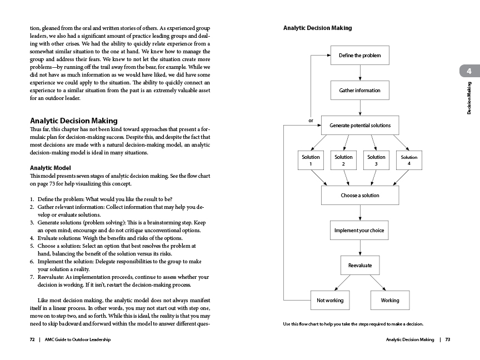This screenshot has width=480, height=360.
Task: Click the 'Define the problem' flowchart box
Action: coord(360,56)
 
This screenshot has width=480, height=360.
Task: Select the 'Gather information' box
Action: coord(360,90)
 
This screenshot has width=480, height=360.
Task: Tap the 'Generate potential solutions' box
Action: coord(360,125)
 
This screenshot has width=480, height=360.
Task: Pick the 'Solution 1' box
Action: coord(311,160)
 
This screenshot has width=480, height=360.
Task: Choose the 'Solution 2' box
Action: coord(344,160)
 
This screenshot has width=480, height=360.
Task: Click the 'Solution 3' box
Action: coord(376,160)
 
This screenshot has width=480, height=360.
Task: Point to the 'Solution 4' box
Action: coord(409,160)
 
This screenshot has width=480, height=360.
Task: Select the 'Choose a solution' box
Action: coord(360,195)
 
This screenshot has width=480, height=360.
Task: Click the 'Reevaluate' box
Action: coord(360,265)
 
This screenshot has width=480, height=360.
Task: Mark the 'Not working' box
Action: coord(330,300)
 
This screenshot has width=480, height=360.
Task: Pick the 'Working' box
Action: coord(390,300)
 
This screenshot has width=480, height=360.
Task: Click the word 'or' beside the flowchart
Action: coord(311,120)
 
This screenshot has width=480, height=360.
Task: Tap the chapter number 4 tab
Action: coord(469,71)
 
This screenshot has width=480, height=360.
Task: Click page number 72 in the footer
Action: coord(32,339)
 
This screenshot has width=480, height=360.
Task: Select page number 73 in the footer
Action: coord(447,339)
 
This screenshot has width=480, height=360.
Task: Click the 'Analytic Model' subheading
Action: coord(51,167)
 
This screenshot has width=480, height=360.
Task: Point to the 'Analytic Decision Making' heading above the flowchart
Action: coord(317,28)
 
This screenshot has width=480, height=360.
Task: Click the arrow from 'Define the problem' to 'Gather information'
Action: coord(360,73)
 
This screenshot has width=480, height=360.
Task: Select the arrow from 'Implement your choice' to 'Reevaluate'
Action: coord(360,247)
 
